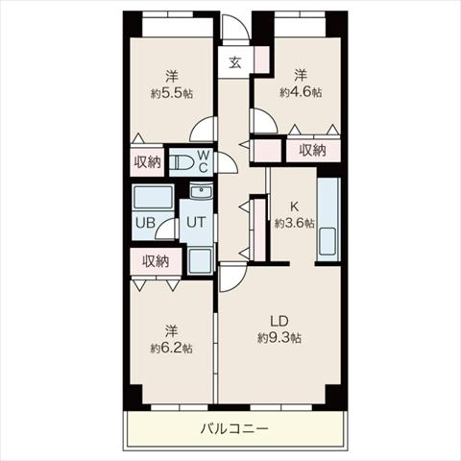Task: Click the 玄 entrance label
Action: [235, 62]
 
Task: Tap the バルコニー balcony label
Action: [234, 428]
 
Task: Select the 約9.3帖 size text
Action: [279, 338]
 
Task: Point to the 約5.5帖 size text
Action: [172, 93]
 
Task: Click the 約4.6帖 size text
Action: [301, 92]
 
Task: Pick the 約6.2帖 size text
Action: [172, 348]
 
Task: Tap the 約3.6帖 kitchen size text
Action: [294, 223]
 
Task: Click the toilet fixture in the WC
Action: [181, 162]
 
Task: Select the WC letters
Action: [204, 161]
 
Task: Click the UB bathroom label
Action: [145, 223]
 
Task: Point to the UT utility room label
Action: [196, 222]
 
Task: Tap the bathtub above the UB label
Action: [153, 198]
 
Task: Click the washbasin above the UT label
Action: [201, 191]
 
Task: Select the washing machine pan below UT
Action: [200, 261]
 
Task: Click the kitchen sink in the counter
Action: [328, 241]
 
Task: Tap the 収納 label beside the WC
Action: [147, 162]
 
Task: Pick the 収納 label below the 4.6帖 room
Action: [313, 150]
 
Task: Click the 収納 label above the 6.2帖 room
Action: [156, 261]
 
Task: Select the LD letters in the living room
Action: [279, 321]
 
